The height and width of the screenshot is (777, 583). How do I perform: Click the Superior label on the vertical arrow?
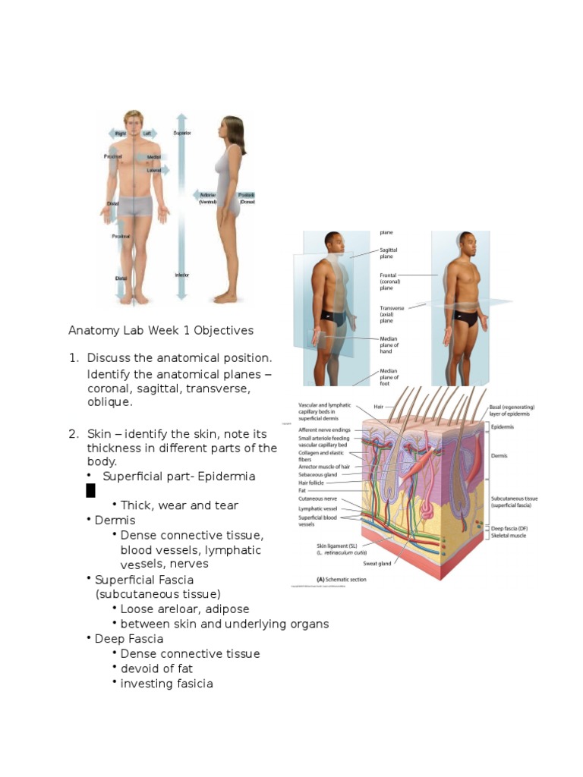coord(182,134)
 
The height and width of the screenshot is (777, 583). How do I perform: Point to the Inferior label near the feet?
coord(182,275)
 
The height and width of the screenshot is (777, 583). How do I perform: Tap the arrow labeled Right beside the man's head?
coord(118,134)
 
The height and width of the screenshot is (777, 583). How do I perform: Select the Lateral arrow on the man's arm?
coord(154,171)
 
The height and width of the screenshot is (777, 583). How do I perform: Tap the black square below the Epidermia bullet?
coord(90,490)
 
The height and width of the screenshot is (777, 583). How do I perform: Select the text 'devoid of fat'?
coord(156,668)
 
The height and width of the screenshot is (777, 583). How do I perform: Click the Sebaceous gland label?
coord(318,474)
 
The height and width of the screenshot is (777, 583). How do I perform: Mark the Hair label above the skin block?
coord(378,407)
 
